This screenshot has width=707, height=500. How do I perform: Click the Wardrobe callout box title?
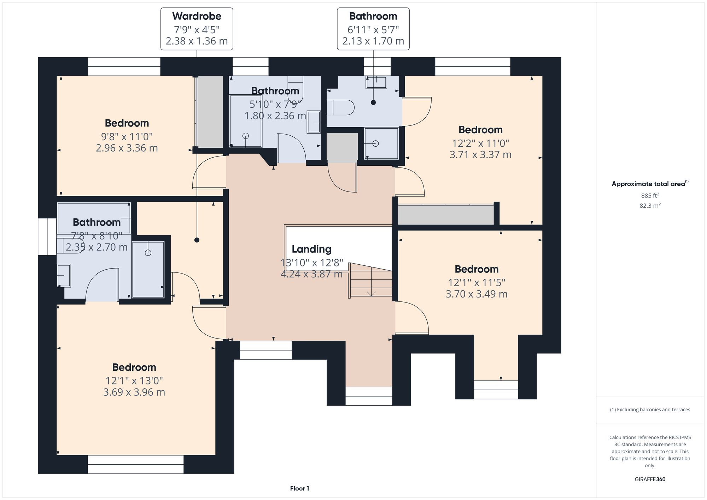[197, 16]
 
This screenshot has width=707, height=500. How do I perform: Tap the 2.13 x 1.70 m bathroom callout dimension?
[373, 41]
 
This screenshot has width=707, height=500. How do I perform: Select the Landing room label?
[311, 249]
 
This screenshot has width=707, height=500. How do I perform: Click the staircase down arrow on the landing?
[371, 293]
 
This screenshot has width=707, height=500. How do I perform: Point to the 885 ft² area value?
[650, 195]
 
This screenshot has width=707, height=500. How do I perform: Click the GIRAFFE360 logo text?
[650, 480]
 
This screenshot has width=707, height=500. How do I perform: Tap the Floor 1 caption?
[299, 488]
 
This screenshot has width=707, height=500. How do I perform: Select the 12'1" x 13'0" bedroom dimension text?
[134, 381]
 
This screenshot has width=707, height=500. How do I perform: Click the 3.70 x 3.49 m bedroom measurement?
[476, 294]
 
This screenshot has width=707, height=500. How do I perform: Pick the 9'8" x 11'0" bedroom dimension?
[127, 137]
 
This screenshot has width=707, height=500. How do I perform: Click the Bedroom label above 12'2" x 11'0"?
[480, 130]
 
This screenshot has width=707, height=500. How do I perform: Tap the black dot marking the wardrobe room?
[197, 240]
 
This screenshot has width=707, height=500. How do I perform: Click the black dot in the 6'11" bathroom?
[373, 102]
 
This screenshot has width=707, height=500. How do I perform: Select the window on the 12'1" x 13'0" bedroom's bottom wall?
[135, 464]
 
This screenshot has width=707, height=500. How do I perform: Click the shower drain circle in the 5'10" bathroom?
[246, 136]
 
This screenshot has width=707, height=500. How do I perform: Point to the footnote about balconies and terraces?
[650, 410]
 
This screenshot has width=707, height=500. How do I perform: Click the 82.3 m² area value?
[650, 206]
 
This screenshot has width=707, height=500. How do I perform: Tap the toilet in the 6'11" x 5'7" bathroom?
[340, 107]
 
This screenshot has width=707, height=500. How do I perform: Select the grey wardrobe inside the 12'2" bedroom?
[446, 215]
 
